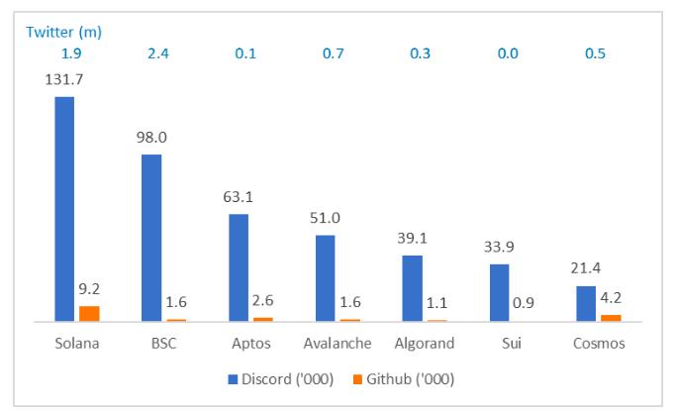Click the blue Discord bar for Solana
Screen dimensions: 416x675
(64, 209)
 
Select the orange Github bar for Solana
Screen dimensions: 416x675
(89, 314)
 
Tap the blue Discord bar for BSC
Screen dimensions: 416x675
(151, 238)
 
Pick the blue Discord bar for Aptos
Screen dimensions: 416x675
(239, 267)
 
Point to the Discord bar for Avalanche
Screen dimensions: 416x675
(326, 278)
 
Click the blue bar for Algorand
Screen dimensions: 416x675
(412, 288)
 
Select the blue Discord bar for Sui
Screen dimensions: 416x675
(499, 292)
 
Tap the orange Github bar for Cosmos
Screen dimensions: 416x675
(611, 318)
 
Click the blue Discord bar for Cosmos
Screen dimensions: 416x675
(586, 303)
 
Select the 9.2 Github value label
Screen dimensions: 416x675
(90, 290)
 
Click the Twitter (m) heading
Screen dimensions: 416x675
(64, 32)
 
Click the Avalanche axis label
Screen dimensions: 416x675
(337, 344)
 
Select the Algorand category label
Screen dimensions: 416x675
(424, 344)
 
